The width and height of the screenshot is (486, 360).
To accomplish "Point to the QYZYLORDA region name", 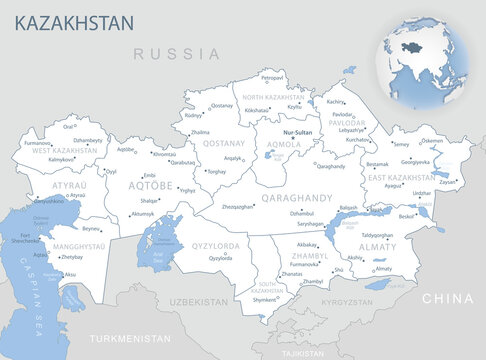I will pyautogui.click(x=217, y=246).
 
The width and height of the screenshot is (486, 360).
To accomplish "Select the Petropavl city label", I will pyautogui.click(x=273, y=77).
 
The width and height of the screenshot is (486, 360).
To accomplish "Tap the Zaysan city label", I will pyautogui.click(x=447, y=182).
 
